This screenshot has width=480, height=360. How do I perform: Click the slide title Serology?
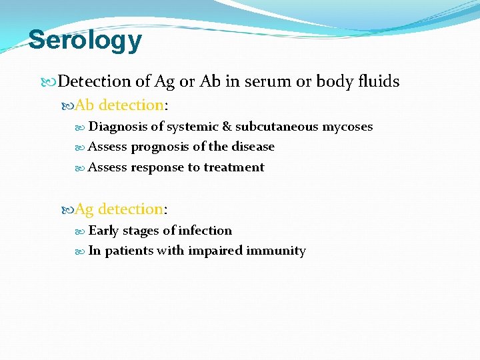coord(85,40)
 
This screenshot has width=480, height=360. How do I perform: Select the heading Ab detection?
coord(119,105)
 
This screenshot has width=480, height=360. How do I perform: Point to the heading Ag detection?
coord(119,209)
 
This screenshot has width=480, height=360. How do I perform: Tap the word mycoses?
coord(348,127)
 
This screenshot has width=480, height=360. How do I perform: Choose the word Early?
coord(103,231)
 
